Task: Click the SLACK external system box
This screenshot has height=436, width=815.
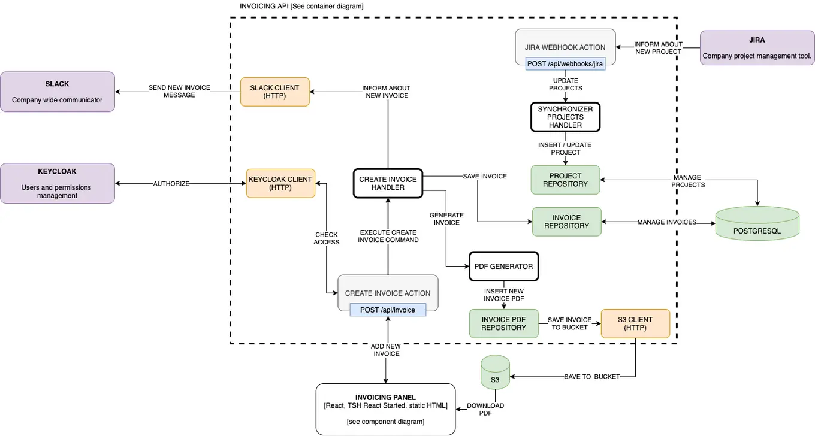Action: (x=58, y=92)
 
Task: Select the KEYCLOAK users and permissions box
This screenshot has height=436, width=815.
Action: (x=58, y=183)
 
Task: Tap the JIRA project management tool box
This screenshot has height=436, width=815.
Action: (x=757, y=48)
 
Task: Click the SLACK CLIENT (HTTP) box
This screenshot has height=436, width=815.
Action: (x=274, y=92)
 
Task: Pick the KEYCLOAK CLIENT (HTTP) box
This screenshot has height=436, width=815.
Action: (x=280, y=183)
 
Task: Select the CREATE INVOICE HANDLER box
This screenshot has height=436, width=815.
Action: (x=388, y=183)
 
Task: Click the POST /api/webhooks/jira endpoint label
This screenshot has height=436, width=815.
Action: (x=565, y=63)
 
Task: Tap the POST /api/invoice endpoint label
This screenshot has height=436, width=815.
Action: (x=388, y=310)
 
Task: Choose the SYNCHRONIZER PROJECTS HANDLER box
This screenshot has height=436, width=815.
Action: (x=565, y=117)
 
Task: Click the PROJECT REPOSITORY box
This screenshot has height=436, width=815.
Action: (x=565, y=180)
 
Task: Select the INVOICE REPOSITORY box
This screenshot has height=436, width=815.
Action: (x=566, y=222)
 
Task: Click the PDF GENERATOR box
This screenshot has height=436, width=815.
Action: (x=503, y=267)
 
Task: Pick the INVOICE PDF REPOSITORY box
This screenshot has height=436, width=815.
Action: (x=503, y=323)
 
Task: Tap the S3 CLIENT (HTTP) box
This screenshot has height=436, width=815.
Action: (x=635, y=323)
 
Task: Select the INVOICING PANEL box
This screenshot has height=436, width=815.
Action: (x=385, y=409)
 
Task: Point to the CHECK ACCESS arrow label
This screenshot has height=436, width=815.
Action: (x=326, y=238)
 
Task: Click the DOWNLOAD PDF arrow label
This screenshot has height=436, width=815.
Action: (x=485, y=410)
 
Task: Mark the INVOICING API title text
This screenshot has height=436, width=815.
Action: (x=301, y=6)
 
